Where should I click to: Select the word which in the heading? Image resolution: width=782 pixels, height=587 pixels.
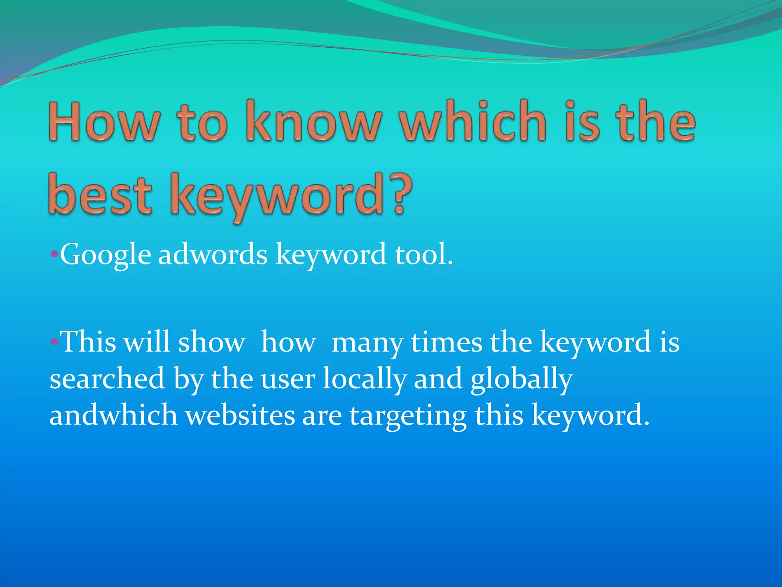(473, 122)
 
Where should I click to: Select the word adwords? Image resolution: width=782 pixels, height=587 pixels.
(213, 255)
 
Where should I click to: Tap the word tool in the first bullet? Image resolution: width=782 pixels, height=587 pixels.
(420, 255)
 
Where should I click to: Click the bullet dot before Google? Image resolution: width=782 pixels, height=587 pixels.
(54, 254)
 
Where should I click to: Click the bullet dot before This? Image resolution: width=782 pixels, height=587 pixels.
(54, 341)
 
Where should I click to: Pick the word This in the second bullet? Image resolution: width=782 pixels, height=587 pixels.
(89, 341)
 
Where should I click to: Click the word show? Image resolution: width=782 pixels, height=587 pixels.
(212, 341)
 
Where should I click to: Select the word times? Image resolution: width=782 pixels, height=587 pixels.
(446, 341)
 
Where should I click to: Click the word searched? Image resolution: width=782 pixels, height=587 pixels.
(107, 378)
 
